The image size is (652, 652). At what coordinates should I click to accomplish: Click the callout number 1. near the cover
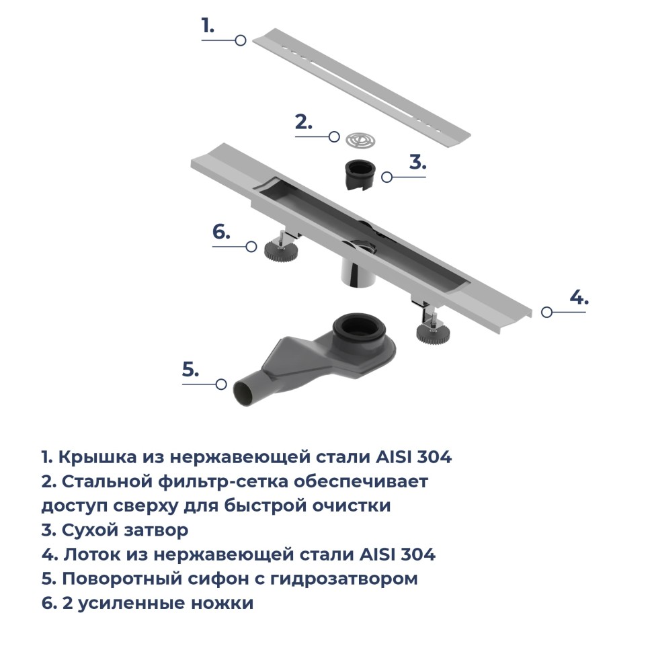click(x=208, y=26)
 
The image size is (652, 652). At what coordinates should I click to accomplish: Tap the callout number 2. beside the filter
click(x=304, y=122)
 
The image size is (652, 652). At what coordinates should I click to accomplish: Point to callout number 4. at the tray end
click(x=579, y=297)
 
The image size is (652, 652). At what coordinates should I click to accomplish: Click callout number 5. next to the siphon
click(x=191, y=369)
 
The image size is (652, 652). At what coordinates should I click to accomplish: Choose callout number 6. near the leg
click(x=221, y=232)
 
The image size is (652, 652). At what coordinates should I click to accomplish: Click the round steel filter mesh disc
click(x=360, y=140)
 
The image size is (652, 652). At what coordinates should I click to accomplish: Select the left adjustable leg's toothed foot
click(x=278, y=251)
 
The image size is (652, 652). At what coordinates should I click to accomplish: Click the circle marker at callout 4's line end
click(x=546, y=312)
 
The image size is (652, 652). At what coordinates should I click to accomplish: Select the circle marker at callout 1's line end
click(x=240, y=41)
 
